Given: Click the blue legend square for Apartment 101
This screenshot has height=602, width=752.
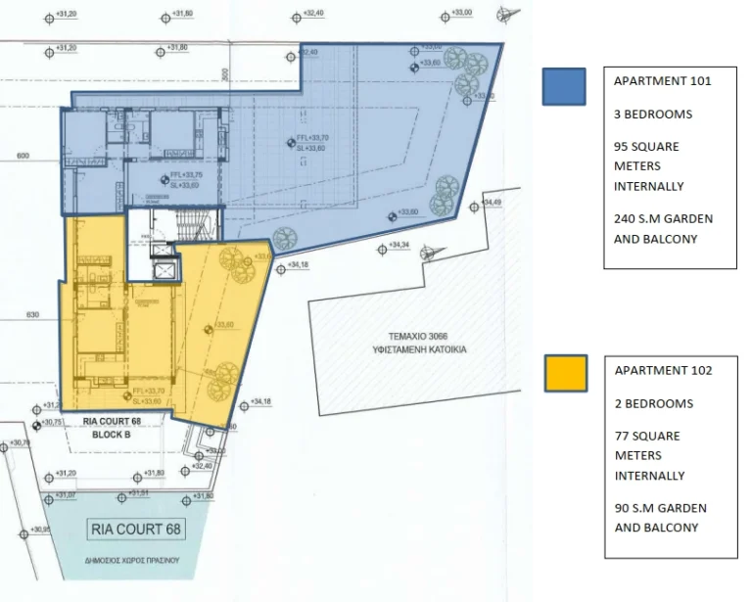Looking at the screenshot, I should [564, 86].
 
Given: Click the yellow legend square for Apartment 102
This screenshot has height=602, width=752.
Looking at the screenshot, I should [564, 374].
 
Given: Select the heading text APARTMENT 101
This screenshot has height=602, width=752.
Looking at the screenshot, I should [662, 81].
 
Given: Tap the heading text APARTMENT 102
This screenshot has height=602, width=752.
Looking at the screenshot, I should [662, 370].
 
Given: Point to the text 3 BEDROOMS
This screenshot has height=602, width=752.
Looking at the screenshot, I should [652, 114].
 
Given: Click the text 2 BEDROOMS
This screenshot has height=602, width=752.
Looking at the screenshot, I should [652, 403].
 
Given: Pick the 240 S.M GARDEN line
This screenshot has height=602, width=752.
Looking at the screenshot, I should [663, 218].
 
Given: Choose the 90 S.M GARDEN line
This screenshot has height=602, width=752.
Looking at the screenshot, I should [659, 508].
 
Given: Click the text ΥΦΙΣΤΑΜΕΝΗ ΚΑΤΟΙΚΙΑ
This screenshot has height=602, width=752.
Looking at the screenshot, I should [419, 348].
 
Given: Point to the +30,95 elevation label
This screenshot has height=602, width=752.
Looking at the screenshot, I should [42, 529].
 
